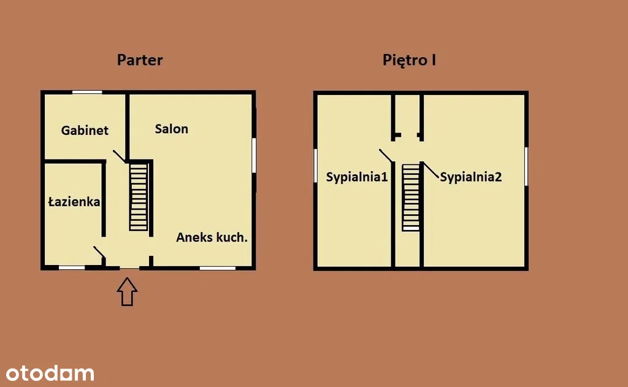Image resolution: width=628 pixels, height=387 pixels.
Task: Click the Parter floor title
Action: [x=140, y=60]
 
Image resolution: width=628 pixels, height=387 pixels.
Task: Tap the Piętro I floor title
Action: [x=409, y=60]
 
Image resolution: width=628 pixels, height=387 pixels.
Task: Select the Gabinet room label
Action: [x=85, y=130]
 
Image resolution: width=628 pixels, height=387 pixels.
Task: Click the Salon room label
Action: [x=172, y=129]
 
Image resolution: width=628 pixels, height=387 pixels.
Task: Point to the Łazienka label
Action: [x=74, y=201]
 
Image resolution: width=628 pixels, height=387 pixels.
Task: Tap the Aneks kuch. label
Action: [x=212, y=237]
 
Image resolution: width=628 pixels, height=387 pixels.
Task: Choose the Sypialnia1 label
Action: [x=357, y=177]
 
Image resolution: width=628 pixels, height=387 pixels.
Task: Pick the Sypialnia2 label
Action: [x=470, y=177]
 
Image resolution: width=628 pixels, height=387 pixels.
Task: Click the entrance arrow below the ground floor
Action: [x=128, y=292]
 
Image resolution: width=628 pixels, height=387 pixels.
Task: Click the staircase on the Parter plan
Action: [x=139, y=197]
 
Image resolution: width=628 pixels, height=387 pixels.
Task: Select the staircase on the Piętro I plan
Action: [x=411, y=197]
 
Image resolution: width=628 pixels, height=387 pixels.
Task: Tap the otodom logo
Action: [x=50, y=373]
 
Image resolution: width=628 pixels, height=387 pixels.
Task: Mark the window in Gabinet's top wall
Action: [x=87, y=93]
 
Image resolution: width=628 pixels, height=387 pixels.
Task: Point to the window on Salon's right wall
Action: [x=254, y=155]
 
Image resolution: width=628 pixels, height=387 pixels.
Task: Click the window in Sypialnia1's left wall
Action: [x=316, y=166]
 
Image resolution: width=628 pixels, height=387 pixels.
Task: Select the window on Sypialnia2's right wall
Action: [x=526, y=167]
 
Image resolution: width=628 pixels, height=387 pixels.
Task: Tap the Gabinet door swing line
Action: [x=120, y=156]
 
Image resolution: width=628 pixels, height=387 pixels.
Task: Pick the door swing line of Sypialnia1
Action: [x=386, y=156]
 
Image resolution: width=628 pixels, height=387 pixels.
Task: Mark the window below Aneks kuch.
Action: [x=218, y=268]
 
